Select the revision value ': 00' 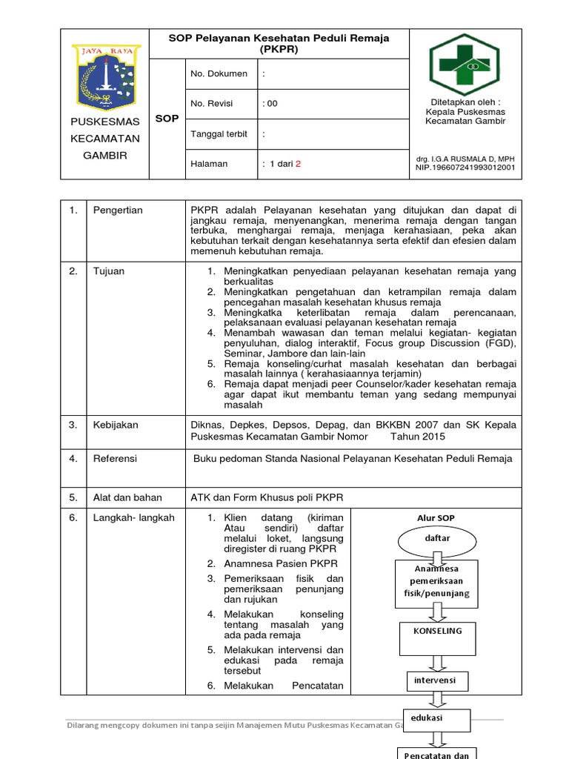point(270,104)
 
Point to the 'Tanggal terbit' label point(219,134)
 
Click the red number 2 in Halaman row point(299,164)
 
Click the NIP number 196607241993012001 point(465,168)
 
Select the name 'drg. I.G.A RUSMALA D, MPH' point(465,159)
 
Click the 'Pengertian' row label point(118,211)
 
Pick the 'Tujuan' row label point(108,271)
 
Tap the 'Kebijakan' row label point(115,425)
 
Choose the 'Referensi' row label point(115,459)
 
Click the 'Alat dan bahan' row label point(127,497)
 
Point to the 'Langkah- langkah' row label point(133,518)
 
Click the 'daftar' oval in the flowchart point(437,538)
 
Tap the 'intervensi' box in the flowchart point(436,680)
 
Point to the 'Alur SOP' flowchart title point(436,517)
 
